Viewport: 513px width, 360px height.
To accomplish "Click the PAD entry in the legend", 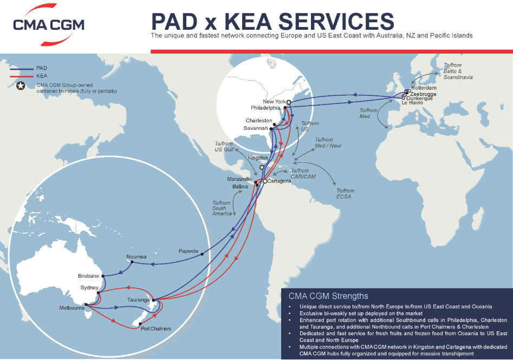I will point(42,68).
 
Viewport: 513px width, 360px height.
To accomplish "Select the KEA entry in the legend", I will point(42,76).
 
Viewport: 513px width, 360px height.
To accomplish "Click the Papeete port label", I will point(189,251).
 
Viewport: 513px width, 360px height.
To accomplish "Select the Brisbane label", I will point(89,276).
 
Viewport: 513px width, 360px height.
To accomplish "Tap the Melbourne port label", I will point(72,308).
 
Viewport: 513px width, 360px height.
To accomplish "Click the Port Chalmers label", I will point(155,329).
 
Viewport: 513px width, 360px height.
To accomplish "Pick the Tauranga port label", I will point(139,299).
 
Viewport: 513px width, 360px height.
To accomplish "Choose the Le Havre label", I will point(412,102).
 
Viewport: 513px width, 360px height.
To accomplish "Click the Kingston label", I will point(258,158).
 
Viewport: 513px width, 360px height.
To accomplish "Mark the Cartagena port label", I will point(279,181).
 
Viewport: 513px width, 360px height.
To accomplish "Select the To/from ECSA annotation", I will point(345,194).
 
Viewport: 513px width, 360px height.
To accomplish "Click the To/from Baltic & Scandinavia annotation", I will point(458,71).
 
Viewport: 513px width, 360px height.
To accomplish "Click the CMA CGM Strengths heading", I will point(328,296).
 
